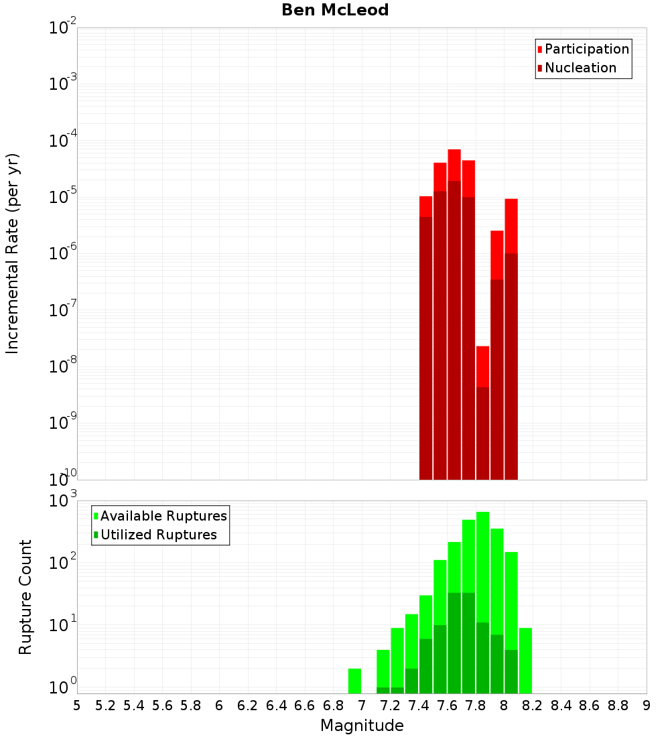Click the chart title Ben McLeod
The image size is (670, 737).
click(x=335, y=10)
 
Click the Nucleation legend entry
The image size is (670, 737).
click(x=580, y=68)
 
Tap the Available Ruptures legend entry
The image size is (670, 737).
click(x=163, y=516)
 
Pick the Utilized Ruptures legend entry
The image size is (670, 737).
click(x=158, y=535)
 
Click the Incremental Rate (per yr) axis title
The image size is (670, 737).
click(x=13, y=253)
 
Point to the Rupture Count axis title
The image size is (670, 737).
click(x=25, y=596)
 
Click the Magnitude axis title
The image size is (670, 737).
click(x=362, y=725)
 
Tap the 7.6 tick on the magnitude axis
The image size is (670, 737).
click(x=447, y=706)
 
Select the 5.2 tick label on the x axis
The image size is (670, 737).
click(x=105, y=706)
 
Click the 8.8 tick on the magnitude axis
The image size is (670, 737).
click(x=618, y=706)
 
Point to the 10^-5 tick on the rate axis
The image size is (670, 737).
click(x=63, y=196)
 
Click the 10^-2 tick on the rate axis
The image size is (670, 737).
click(x=63, y=27)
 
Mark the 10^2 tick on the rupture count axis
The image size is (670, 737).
click(x=63, y=561)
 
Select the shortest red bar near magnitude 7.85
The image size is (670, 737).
click(x=482, y=366)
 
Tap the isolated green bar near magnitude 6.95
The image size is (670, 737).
click(x=354, y=681)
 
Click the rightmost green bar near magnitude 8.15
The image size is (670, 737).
click(x=525, y=660)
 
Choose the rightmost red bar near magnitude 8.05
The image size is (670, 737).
click(x=511, y=225)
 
